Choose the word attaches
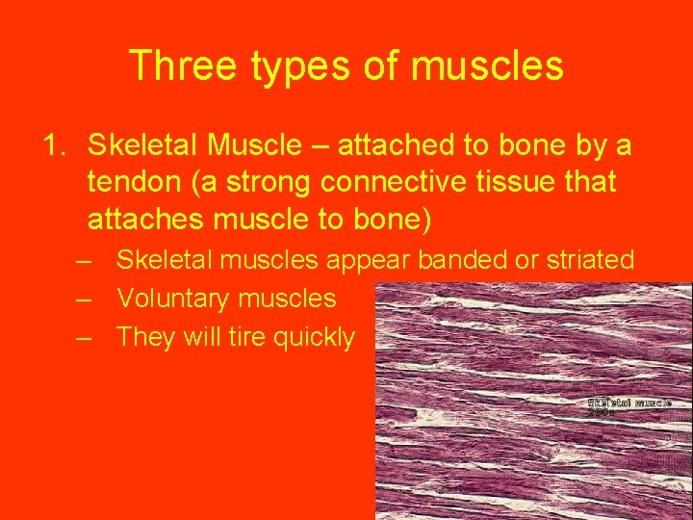point(144,220)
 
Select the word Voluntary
point(178,299)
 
